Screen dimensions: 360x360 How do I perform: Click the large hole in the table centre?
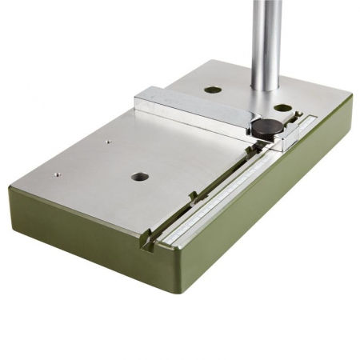(x=140, y=176)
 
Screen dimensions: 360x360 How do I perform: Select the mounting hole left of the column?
(x=212, y=90)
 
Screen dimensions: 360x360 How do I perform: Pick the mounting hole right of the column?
(x=283, y=107)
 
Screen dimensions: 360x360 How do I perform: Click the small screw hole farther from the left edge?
(x=107, y=142)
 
